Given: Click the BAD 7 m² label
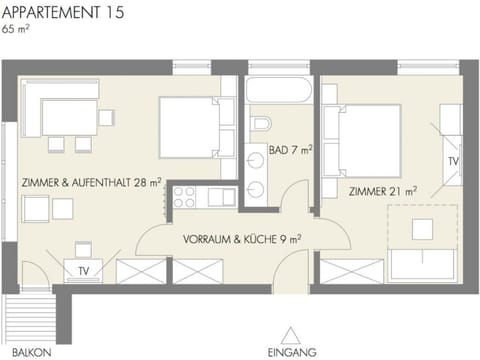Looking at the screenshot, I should tap(291, 151).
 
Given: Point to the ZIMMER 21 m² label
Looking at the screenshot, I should tap(383, 190).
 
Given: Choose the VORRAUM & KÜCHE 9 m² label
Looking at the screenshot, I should tap(243, 240).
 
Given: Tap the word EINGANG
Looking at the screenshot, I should tap(292, 352).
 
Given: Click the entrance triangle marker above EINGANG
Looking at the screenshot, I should tap(291, 335).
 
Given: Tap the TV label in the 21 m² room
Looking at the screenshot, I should tap(452, 160).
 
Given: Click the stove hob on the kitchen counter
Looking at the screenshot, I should tap(186, 197).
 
